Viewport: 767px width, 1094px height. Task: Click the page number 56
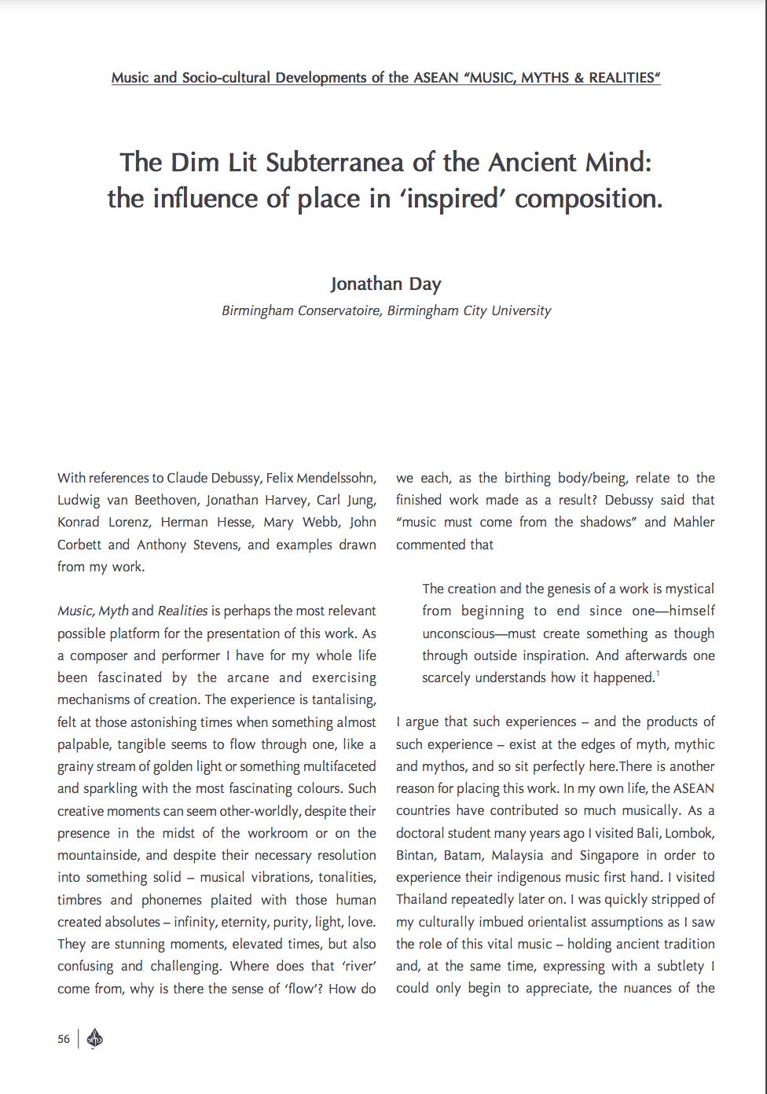click(x=64, y=1039)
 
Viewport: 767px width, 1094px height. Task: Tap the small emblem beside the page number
click(x=94, y=1039)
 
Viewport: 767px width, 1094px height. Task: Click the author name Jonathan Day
click(x=385, y=284)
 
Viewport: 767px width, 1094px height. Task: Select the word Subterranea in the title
click(x=336, y=163)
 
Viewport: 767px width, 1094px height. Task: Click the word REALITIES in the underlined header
click(x=621, y=78)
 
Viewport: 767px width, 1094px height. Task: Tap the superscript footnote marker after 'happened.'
click(x=658, y=674)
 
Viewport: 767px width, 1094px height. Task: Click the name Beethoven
click(x=167, y=500)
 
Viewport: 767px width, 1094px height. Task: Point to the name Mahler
click(x=694, y=522)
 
